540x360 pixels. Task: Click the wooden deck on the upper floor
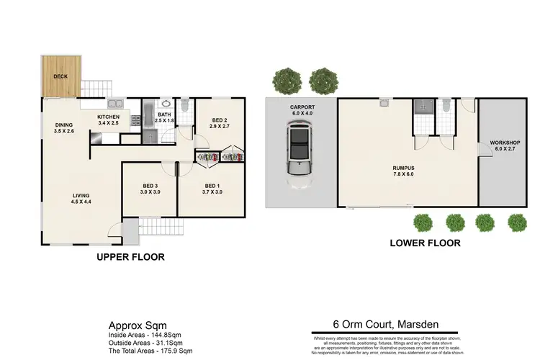(59, 75)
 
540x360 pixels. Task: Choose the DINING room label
(64, 125)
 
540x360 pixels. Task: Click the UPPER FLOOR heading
(130, 256)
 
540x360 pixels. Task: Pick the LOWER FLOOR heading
(426, 243)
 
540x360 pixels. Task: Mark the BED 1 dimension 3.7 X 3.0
(213, 192)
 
